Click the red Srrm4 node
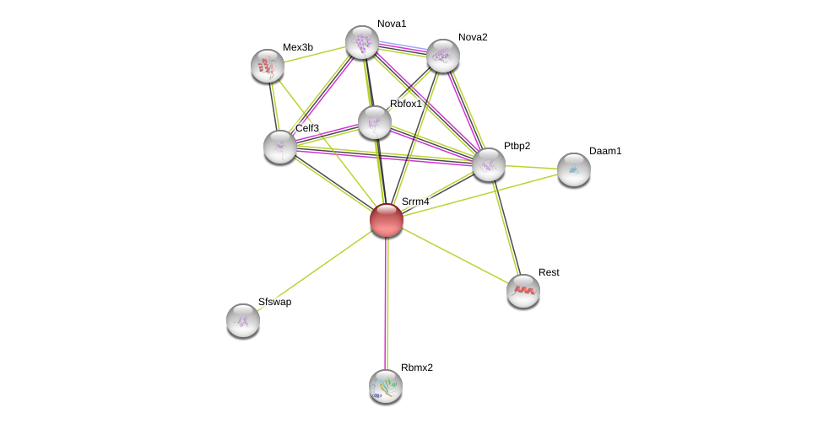[x=387, y=220]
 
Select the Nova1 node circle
[x=362, y=42]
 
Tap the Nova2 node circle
[x=443, y=56]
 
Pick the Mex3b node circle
[x=268, y=66]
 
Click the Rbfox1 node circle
[x=375, y=122]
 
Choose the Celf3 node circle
[x=280, y=147]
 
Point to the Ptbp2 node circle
[x=489, y=164]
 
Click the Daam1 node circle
[x=574, y=169]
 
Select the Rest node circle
[x=523, y=291]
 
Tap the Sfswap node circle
[x=243, y=320]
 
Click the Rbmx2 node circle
[x=386, y=386]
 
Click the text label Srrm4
[x=415, y=201]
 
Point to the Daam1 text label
[x=605, y=151]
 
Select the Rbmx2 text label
[x=417, y=368]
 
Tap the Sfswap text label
[x=275, y=302]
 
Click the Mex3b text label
[x=298, y=47]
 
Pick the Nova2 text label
[x=473, y=37]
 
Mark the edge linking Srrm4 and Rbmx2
[x=387, y=303]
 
